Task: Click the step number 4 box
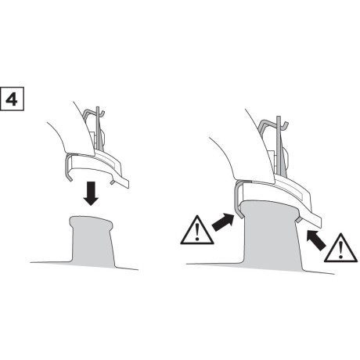click(x=12, y=99)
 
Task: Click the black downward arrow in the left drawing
click(x=91, y=193)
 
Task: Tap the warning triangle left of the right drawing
click(x=197, y=230)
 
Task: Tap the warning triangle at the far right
click(x=340, y=248)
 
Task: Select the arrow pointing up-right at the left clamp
click(x=223, y=222)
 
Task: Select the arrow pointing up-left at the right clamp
click(x=316, y=240)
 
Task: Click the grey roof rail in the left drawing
click(x=92, y=241)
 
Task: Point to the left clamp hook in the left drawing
click(x=68, y=167)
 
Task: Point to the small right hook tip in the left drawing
click(x=112, y=182)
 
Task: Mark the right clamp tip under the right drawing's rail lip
click(x=299, y=220)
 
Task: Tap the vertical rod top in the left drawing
click(x=98, y=107)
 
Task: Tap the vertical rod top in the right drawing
click(x=279, y=117)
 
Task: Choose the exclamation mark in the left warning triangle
click(x=197, y=232)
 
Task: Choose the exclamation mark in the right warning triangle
click(x=340, y=250)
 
